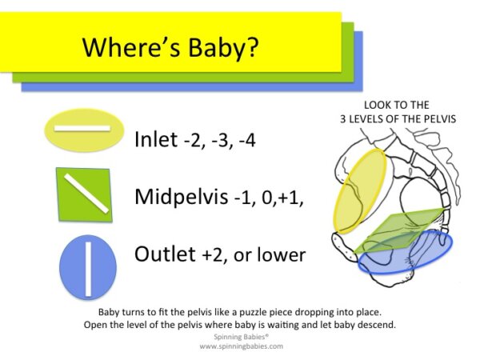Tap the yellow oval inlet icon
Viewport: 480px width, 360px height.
[83, 130]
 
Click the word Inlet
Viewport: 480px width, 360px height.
[155, 139]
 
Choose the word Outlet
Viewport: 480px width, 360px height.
[165, 254]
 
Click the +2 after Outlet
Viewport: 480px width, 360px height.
[212, 256]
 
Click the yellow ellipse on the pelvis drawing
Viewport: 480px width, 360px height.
[360, 190]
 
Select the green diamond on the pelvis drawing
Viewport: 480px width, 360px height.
[400, 228]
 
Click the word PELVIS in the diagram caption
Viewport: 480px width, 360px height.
[439, 119]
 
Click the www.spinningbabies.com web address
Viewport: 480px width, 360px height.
[240, 346]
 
